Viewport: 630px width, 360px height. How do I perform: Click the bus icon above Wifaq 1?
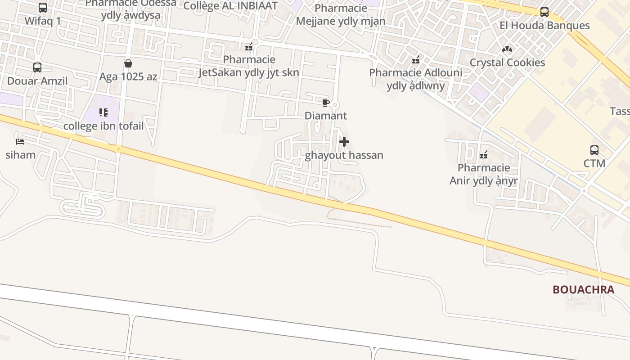click(x=43, y=8)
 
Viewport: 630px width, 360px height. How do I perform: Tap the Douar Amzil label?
click(x=37, y=81)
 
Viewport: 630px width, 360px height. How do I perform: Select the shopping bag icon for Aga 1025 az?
click(x=128, y=63)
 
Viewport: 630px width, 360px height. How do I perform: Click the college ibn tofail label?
click(x=103, y=126)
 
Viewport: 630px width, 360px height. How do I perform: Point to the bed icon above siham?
click(x=20, y=141)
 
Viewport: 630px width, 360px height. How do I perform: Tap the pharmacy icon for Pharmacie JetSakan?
click(x=249, y=47)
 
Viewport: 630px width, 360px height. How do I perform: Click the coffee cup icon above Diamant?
click(x=326, y=103)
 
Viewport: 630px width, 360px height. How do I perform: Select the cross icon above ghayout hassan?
click(x=344, y=142)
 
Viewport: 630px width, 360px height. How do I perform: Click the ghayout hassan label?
click(x=344, y=155)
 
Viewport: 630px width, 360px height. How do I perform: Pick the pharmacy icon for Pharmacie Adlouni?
click(x=416, y=59)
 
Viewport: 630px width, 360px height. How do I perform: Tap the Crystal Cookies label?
click(x=507, y=63)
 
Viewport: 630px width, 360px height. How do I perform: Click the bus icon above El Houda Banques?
click(x=544, y=12)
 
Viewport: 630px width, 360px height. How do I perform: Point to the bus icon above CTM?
click(x=594, y=150)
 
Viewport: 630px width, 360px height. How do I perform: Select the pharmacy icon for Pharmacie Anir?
click(x=484, y=155)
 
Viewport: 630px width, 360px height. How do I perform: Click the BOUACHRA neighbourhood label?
click(x=583, y=290)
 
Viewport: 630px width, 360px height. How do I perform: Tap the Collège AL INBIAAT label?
click(x=231, y=5)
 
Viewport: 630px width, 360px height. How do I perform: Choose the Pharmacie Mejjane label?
click(x=341, y=15)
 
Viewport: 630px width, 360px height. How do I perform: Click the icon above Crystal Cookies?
click(x=507, y=49)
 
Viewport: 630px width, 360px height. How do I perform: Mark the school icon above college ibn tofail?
click(x=103, y=112)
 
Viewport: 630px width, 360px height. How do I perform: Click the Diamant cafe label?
click(x=326, y=116)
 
